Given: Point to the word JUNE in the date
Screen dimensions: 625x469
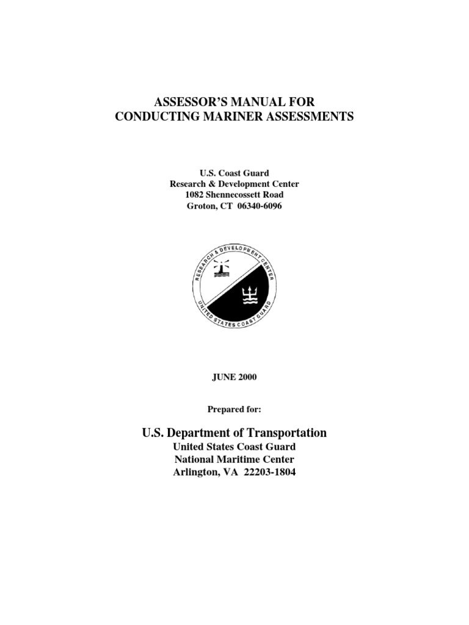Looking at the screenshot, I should tap(223, 377).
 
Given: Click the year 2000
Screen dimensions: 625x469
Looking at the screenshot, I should tap(247, 377).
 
